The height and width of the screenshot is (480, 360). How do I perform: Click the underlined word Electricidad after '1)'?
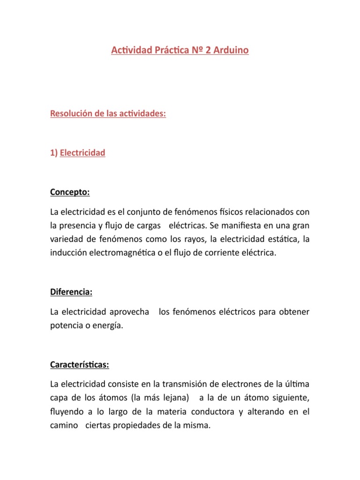[82, 153]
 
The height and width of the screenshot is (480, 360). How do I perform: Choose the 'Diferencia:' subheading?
[71, 292]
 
